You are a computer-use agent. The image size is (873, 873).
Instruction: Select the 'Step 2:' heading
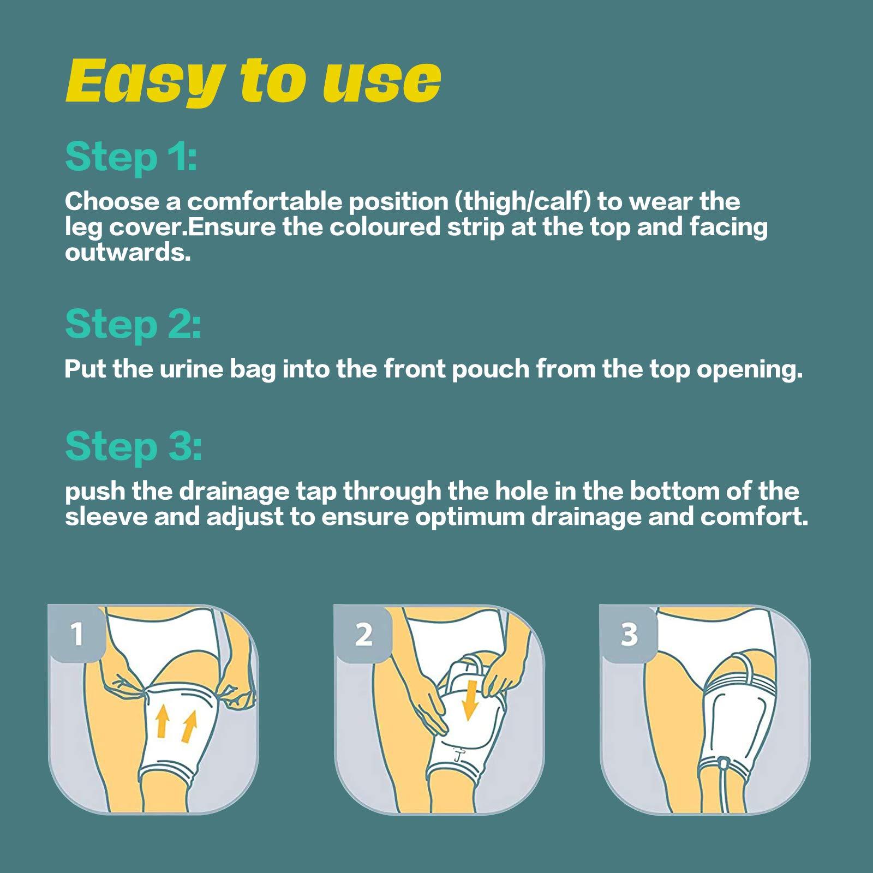[133, 324]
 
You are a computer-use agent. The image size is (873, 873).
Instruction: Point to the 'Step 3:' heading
[133, 446]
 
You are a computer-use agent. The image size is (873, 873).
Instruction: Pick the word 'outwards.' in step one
[128, 253]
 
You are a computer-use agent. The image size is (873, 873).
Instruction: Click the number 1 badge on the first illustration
[77, 634]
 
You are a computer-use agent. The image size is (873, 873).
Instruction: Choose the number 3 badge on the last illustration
[629, 634]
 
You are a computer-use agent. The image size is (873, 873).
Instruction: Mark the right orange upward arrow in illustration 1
[188, 726]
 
